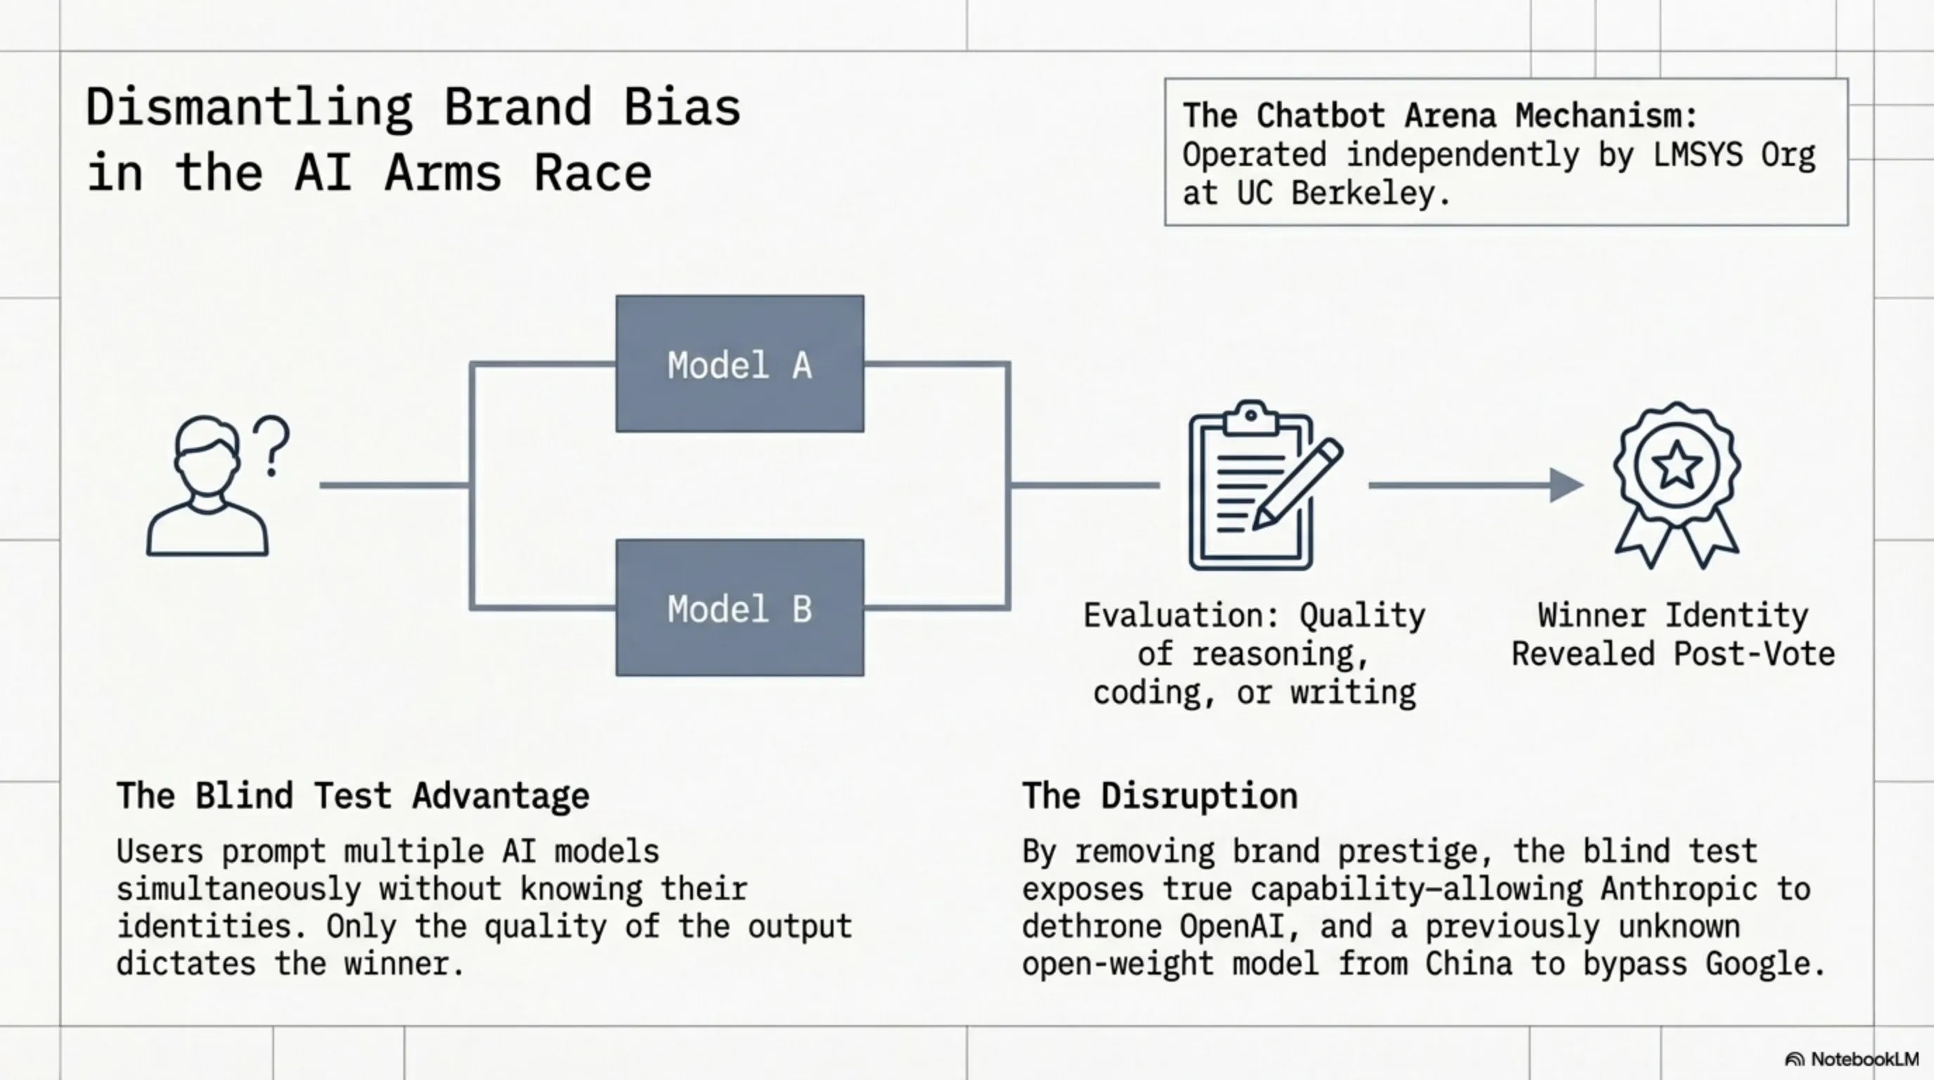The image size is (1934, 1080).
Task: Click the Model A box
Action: (x=739, y=364)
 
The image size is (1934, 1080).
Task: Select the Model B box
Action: (x=739, y=607)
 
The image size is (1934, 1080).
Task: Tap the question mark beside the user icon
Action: (x=272, y=446)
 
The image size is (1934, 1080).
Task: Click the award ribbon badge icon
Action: (x=1677, y=484)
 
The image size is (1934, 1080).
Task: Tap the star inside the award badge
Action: (x=1677, y=465)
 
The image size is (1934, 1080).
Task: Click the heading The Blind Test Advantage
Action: (x=353, y=796)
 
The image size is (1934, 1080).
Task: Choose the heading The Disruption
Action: (x=1160, y=796)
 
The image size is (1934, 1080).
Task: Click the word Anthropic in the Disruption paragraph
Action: (x=1679, y=889)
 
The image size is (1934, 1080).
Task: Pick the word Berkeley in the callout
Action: (x=1371, y=194)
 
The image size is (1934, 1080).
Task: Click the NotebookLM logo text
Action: (x=1864, y=1060)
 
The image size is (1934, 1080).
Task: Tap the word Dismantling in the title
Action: (x=249, y=108)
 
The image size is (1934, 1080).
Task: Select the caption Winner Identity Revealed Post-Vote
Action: (x=1673, y=635)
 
